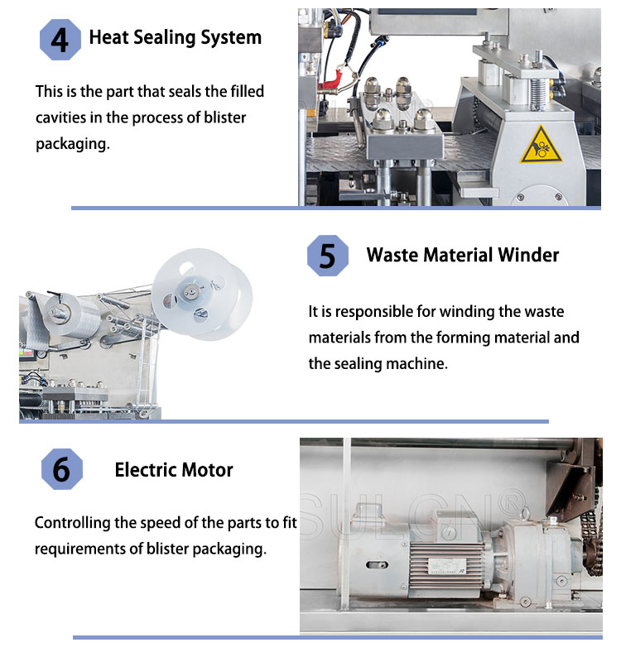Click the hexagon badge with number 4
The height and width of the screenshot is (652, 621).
(60, 39)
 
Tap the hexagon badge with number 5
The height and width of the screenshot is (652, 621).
(328, 255)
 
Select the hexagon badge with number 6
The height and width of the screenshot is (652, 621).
(61, 470)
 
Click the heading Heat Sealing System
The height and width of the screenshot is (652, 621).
(175, 37)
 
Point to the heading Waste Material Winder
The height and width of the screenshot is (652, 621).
(462, 254)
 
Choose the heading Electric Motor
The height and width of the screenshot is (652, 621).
(174, 470)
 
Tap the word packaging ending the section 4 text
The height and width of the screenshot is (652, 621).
(71, 144)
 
